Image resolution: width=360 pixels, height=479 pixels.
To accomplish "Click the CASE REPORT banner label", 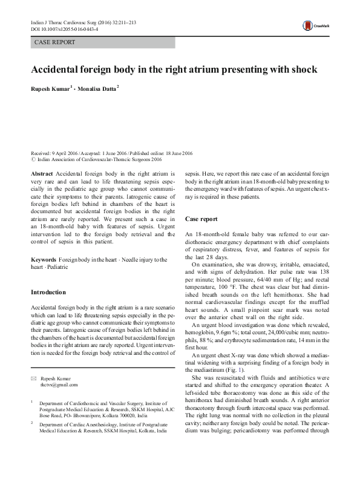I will click(55, 42).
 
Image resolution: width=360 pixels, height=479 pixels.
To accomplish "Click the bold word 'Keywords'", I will click(44, 260).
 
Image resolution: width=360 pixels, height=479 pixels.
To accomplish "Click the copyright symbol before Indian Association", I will click(33, 160).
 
